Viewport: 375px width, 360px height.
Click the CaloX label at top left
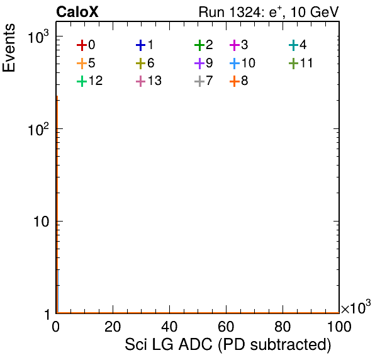click(x=77, y=12)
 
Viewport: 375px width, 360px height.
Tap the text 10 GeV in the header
click(x=315, y=12)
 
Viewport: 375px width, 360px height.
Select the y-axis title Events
click(x=9, y=48)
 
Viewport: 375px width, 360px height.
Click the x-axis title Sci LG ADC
click(x=169, y=345)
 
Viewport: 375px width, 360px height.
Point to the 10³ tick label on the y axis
click(x=38, y=37)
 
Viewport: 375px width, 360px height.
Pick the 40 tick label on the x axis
click(x=169, y=327)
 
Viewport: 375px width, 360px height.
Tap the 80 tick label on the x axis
click(x=283, y=327)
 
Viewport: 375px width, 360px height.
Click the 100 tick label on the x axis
click(x=339, y=327)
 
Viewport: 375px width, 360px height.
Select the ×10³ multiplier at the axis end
click(x=356, y=307)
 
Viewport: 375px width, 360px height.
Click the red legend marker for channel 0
click(x=82, y=45)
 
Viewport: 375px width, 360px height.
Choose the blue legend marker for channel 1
click(x=141, y=45)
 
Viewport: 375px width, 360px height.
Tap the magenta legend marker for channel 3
click(x=235, y=45)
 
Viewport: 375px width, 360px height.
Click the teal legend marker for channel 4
click(x=293, y=45)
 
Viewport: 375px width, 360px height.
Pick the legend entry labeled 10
click(x=242, y=63)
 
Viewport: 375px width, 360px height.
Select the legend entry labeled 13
click(x=148, y=81)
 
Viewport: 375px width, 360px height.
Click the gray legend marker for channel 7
click(x=199, y=81)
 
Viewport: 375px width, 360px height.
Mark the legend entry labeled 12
click(x=90, y=81)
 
